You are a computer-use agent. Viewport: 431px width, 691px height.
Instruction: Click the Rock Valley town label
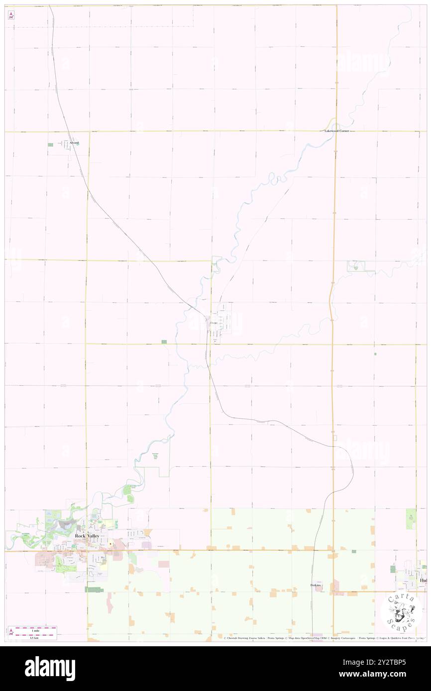[87, 535]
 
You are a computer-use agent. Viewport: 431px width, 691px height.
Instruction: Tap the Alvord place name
[74, 143]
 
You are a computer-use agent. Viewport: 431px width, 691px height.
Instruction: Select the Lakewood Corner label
[336, 131]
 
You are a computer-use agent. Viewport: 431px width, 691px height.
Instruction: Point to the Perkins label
[316, 585]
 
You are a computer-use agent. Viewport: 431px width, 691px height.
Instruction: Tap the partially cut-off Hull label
[423, 580]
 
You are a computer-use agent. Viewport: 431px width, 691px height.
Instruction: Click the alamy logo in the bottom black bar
[50, 669]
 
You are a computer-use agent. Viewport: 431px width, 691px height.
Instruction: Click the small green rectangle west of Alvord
[50, 145]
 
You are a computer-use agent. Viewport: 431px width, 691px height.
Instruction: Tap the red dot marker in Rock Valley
[110, 544]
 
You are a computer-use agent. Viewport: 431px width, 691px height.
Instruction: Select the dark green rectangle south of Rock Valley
[92, 590]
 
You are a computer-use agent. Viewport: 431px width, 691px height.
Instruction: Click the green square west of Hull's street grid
[393, 569]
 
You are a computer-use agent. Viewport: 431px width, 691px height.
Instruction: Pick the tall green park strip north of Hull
[411, 518]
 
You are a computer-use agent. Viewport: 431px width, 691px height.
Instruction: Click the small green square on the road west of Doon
[164, 342]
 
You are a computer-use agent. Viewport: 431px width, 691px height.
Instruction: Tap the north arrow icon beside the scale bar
[11, 632]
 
